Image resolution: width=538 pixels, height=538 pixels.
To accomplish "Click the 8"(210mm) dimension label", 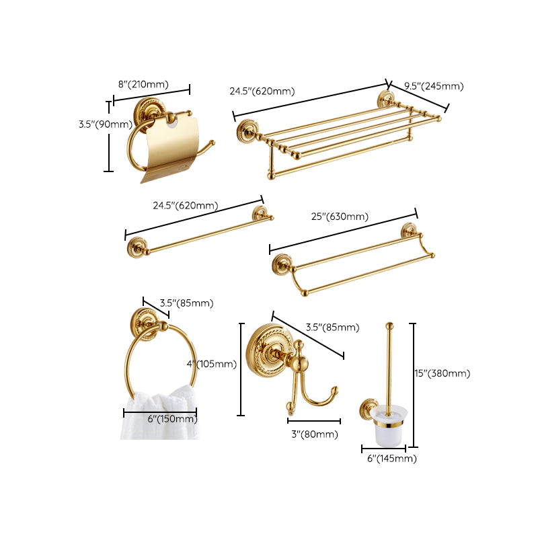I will click(x=143, y=84).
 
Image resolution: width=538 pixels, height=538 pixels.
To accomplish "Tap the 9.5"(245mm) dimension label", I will click(x=434, y=86).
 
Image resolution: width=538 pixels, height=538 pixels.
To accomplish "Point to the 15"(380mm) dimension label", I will click(x=442, y=374).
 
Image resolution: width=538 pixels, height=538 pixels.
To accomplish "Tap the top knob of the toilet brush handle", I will click(x=388, y=327).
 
